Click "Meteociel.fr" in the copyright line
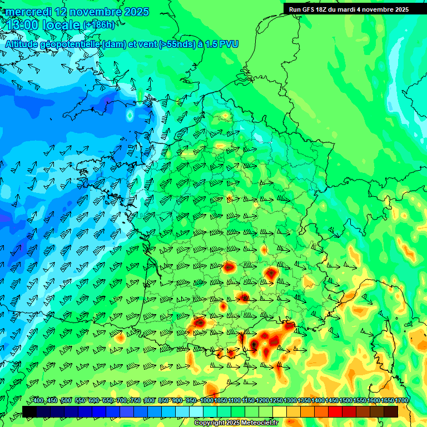tap(255, 423)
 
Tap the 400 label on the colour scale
tap(38, 401)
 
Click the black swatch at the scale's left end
tap(29, 411)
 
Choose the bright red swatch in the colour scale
tap(335, 411)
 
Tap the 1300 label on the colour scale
tap(290, 401)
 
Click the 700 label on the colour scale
tap(121, 401)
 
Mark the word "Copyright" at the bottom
tap(211, 423)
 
